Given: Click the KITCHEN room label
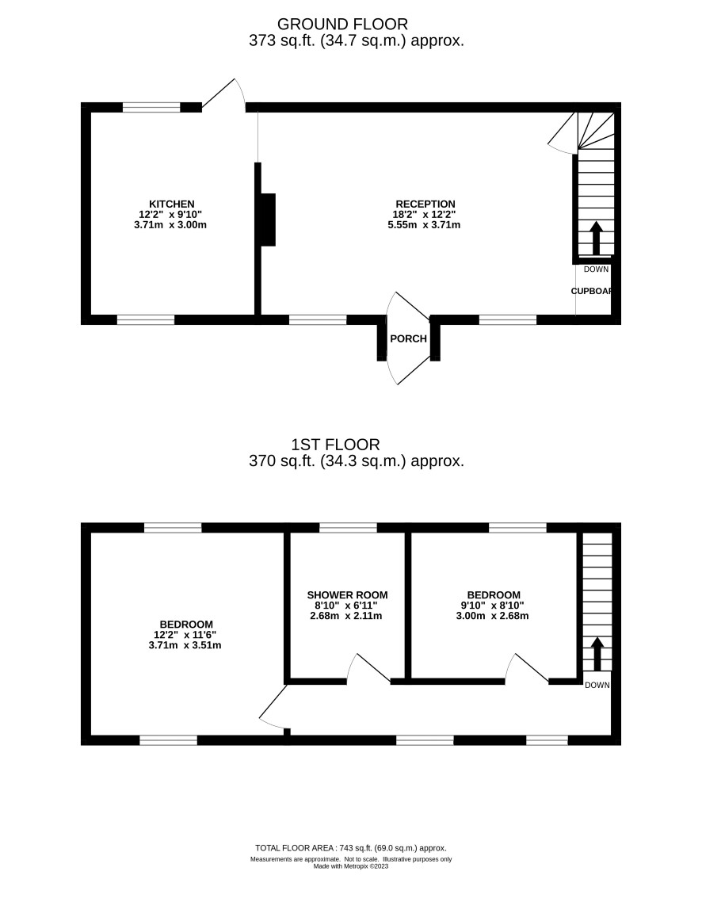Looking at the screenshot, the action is coord(172,204).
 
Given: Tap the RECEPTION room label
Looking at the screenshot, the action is coord(425,204).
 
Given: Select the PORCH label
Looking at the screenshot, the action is coord(408,338).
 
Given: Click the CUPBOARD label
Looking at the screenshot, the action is coord(592,291).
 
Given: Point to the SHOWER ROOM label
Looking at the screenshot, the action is coord(348,595).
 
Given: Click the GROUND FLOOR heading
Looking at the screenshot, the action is coord(342,24).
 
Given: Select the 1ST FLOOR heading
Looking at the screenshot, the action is coord(335,445).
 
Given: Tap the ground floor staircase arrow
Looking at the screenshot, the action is coord(596,238).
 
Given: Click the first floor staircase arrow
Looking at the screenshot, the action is coord(597,653).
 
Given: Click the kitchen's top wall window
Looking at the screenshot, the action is coord(151,107).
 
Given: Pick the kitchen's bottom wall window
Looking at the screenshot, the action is coord(146,319).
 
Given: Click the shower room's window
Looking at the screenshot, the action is coord(348,527).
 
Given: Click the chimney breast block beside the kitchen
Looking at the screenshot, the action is coord(268,220).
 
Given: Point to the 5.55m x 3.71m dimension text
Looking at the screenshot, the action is coord(425,224).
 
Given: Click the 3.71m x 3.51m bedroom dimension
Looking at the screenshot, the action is coord(185,645).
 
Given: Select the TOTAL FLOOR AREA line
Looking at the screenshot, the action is coord(351,848).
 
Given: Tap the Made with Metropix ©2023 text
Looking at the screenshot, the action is coord(351,866).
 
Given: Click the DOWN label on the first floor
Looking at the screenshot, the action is coord(597,685).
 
